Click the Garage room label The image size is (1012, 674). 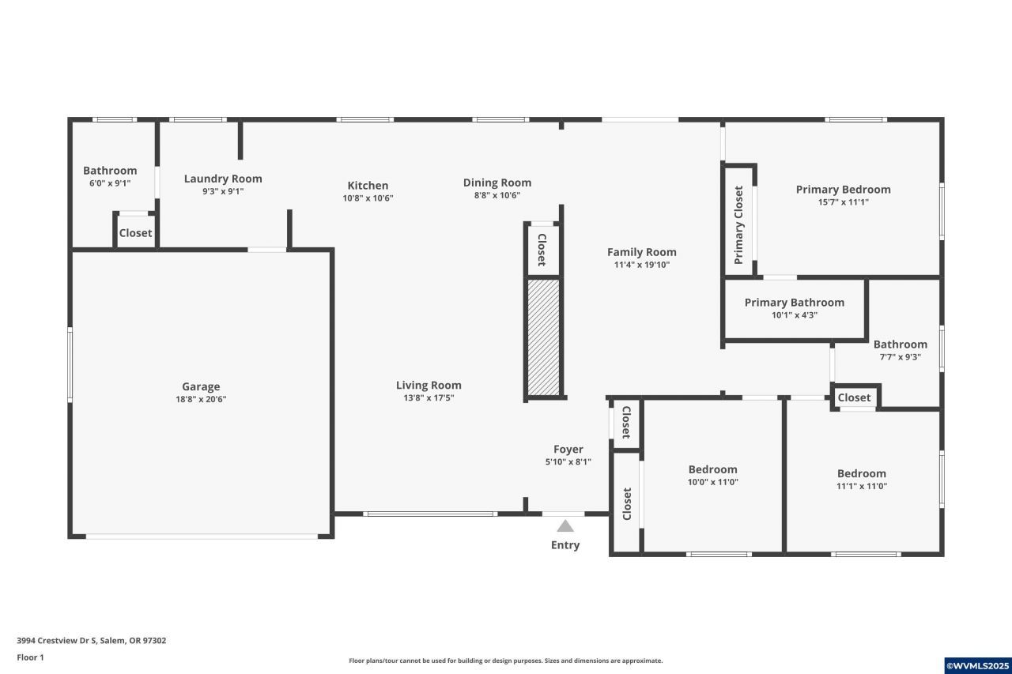(201, 386)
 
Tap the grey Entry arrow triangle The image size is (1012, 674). (565, 526)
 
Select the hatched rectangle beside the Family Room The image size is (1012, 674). (543, 337)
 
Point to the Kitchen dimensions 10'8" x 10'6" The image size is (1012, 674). (368, 198)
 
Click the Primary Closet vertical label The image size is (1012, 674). (738, 225)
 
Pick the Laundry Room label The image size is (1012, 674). (223, 179)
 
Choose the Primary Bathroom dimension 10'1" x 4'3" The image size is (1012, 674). (795, 315)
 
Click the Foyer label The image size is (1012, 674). (568, 449)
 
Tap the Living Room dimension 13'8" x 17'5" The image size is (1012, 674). (429, 397)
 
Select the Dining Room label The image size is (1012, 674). (497, 183)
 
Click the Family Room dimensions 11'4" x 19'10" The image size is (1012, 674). (641, 265)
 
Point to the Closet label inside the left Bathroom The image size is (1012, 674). (135, 233)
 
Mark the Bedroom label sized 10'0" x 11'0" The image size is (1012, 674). (713, 469)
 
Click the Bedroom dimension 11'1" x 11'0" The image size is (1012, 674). (862, 486)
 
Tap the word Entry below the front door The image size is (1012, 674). (565, 545)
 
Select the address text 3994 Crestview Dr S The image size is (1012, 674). (56, 641)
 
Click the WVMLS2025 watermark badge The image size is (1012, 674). (978, 666)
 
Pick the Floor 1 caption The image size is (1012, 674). (30, 657)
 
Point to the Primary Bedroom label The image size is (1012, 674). (843, 190)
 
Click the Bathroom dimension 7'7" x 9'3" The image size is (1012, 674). (900, 357)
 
